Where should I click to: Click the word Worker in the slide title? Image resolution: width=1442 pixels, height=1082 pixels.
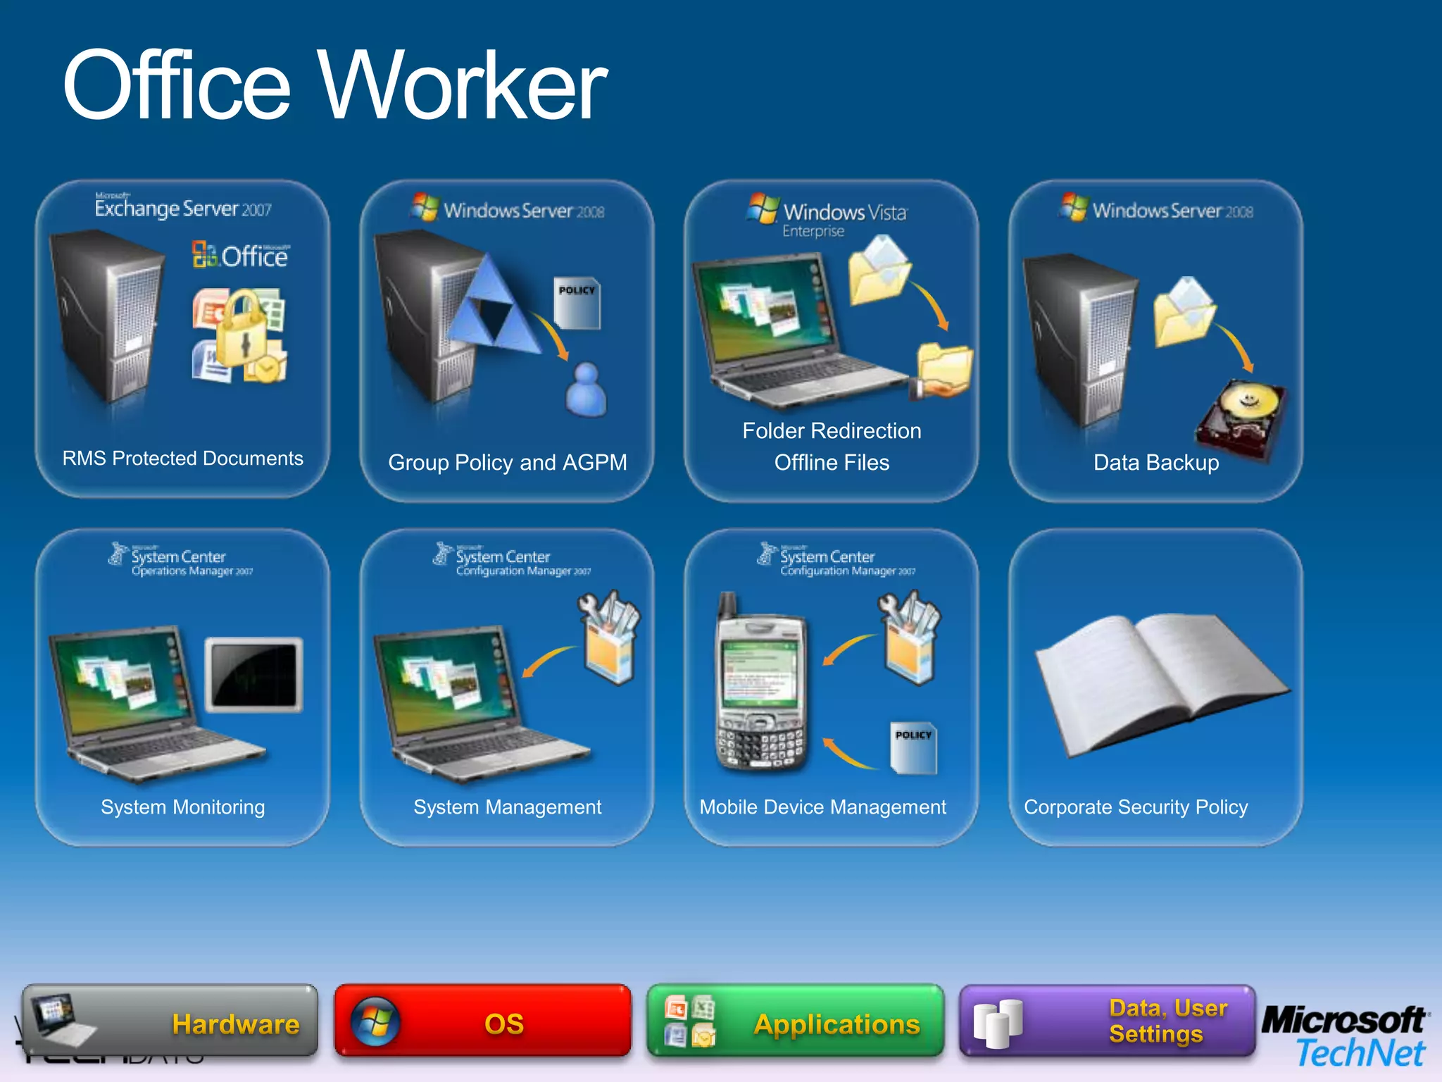click(x=465, y=86)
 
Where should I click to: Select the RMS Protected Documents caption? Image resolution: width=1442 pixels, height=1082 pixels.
click(x=183, y=459)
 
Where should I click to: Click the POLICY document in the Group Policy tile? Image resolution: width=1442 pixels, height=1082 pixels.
click(x=577, y=303)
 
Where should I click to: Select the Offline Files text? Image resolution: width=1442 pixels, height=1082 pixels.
click(x=832, y=463)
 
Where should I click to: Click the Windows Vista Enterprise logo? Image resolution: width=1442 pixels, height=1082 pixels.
click(x=828, y=215)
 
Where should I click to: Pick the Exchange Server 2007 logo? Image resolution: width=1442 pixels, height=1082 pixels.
click(x=183, y=207)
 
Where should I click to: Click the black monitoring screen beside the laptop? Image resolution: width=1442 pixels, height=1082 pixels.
click(x=254, y=675)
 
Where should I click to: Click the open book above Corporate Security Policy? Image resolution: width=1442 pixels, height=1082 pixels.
click(x=1159, y=679)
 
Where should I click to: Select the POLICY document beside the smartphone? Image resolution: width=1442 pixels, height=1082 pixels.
click(x=913, y=747)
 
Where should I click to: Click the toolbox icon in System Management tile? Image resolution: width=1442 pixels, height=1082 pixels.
click(x=610, y=637)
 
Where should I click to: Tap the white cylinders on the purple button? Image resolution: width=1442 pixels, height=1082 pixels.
click(x=998, y=1023)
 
